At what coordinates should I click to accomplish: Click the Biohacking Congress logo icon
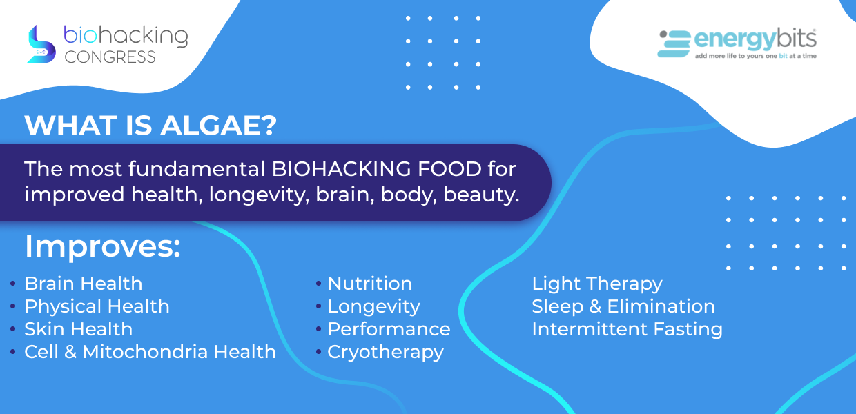[41, 44]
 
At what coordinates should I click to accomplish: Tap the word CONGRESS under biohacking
[110, 57]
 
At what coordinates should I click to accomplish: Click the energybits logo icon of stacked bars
[674, 44]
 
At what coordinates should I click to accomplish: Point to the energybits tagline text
[755, 56]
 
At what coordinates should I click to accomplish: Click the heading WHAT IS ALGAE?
[150, 125]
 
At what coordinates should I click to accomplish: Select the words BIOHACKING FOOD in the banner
[377, 169]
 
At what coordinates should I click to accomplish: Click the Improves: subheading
[102, 247]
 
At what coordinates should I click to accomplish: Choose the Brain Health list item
[84, 284]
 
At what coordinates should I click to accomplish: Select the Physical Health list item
[97, 306]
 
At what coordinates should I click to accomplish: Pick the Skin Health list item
[79, 329]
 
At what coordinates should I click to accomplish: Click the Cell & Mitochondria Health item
[150, 352]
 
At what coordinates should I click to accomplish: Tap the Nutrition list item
[370, 284]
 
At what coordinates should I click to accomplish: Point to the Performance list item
[389, 329]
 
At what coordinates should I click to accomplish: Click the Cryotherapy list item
[386, 352]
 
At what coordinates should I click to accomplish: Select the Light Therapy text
[597, 284]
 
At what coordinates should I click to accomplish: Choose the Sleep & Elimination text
[623, 306]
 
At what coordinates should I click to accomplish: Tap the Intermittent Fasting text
[627, 329]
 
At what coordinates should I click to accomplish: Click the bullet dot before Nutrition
[318, 284]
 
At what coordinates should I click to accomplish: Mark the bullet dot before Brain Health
[12, 284]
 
